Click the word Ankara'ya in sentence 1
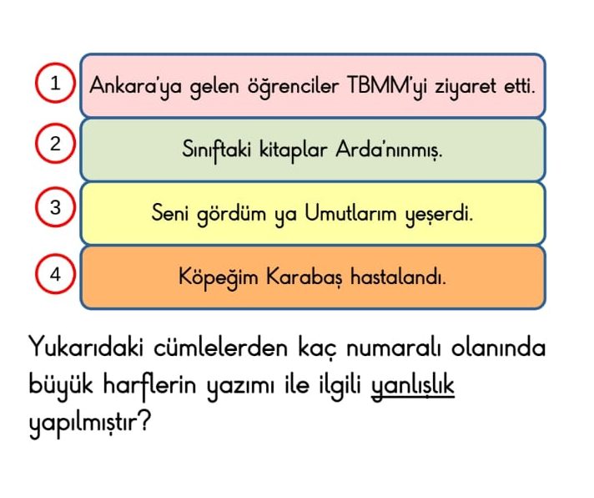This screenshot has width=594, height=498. click(x=135, y=87)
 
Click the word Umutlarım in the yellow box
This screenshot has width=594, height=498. click(x=350, y=213)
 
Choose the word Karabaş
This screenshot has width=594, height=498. click(x=304, y=277)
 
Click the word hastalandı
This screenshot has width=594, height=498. click(x=398, y=277)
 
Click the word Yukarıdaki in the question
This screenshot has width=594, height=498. click(x=86, y=347)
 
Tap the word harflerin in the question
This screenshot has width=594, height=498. click(x=149, y=386)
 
